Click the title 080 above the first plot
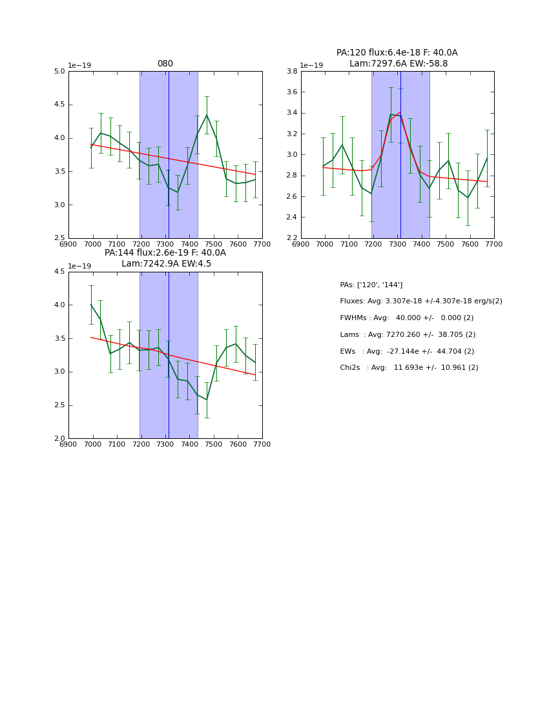pos(165,64)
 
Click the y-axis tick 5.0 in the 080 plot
pos(59,71)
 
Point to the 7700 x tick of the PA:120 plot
pos(494,244)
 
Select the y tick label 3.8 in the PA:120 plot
pos(291,71)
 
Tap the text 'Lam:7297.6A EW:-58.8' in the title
pos(398,64)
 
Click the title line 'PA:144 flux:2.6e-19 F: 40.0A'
pos(165,253)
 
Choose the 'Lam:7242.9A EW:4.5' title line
pos(166,264)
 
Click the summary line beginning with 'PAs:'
pos(371,285)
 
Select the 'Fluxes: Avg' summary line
pos(420,301)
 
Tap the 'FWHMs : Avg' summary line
pos(406,318)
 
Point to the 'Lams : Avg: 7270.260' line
pos(408,334)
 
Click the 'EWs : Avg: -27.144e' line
pos(407,351)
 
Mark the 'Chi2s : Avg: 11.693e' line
pos(409,368)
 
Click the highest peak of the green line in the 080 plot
pos(207,116)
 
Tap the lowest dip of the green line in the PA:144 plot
pos(207,400)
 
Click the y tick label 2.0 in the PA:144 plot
pos(59,439)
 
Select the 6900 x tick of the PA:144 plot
pos(68,444)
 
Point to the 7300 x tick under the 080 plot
pos(165,244)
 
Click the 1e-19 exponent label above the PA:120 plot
pos(311,65)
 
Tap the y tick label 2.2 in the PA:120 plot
pos(291,238)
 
